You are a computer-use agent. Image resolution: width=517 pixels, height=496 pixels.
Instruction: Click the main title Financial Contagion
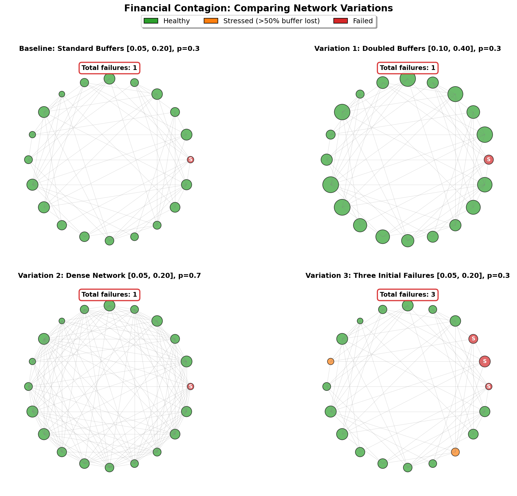[258, 8]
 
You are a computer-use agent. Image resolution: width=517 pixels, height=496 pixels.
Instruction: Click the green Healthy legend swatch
[151, 21]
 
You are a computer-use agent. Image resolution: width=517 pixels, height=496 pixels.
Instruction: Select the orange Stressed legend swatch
[211, 21]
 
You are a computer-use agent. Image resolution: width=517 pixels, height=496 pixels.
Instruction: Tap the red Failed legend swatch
[341, 21]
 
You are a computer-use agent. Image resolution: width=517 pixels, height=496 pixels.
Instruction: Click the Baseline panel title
[109, 49]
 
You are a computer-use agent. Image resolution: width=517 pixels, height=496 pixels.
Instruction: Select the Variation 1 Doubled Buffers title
[408, 49]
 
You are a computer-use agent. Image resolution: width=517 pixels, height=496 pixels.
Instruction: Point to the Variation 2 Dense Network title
[109, 276]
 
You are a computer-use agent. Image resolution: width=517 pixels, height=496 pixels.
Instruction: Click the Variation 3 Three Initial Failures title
[408, 276]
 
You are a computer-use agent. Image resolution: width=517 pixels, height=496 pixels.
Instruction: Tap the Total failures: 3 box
[408, 295]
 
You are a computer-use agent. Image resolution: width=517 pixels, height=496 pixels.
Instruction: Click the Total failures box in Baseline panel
[109, 68]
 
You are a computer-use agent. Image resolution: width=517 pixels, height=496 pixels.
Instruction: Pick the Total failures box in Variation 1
[408, 68]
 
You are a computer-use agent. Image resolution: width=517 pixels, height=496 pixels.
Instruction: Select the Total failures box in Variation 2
[109, 295]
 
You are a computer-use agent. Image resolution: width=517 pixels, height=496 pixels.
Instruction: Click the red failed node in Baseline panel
[190, 160]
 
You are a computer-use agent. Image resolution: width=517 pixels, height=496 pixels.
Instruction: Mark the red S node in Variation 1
[489, 160]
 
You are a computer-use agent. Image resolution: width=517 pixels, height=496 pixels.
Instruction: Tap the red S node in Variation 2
[190, 387]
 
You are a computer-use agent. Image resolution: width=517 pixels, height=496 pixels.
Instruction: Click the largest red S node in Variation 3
[485, 361]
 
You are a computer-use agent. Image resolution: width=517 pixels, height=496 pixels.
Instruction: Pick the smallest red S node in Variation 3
[489, 387]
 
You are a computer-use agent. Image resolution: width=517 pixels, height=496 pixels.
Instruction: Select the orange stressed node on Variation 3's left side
[330, 361]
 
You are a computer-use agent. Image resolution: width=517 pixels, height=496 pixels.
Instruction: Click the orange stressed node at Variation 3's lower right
[455, 452]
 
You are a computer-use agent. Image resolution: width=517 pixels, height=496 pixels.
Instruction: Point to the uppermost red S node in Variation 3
[473, 339]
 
